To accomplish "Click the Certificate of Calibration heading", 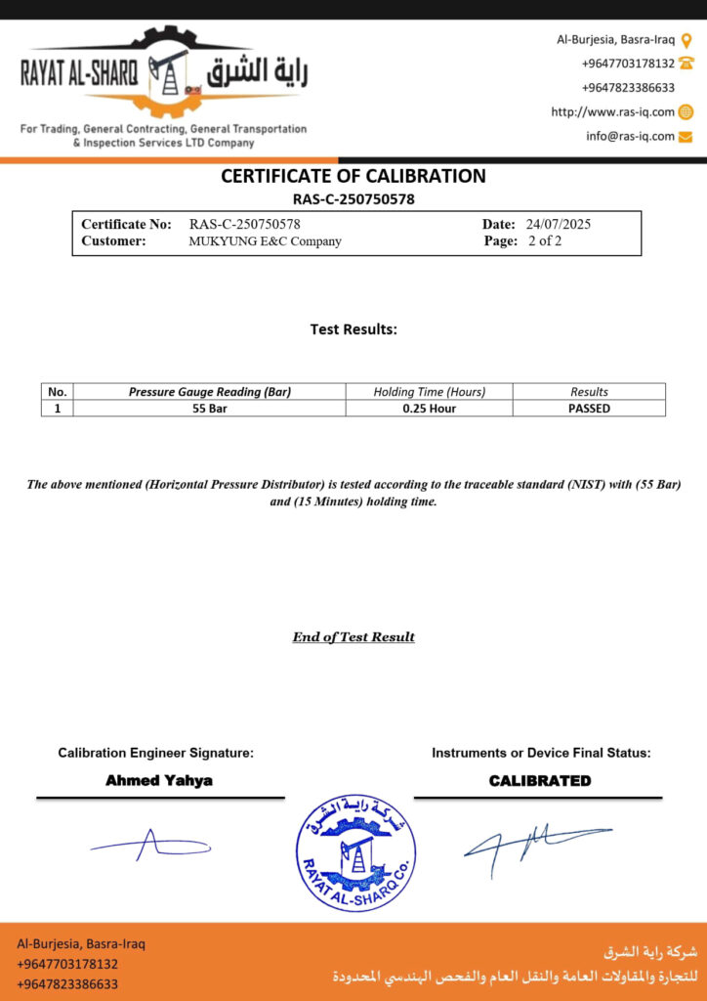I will click(353, 176).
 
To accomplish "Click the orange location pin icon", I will click(686, 40).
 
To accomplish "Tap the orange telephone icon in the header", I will click(686, 64).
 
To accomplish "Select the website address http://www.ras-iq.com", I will click(612, 112).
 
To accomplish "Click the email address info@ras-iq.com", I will click(630, 137).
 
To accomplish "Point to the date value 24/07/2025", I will click(558, 224).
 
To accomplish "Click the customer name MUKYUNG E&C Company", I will click(265, 240).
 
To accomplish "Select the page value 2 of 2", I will click(545, 240).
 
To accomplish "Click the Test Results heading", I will click(353, 329).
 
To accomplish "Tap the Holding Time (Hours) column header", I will click(429, 392).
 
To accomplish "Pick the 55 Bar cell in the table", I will click(210, 409).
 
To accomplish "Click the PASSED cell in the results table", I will click(589, 409).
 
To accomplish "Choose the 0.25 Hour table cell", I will click(429, 409).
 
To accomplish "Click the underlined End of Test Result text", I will click(353, 637).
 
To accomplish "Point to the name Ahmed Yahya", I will click(159, 781).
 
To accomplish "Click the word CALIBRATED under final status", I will click(540, 781).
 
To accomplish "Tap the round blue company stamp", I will click(355, 852).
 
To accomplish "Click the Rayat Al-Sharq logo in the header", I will click(164, 73).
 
